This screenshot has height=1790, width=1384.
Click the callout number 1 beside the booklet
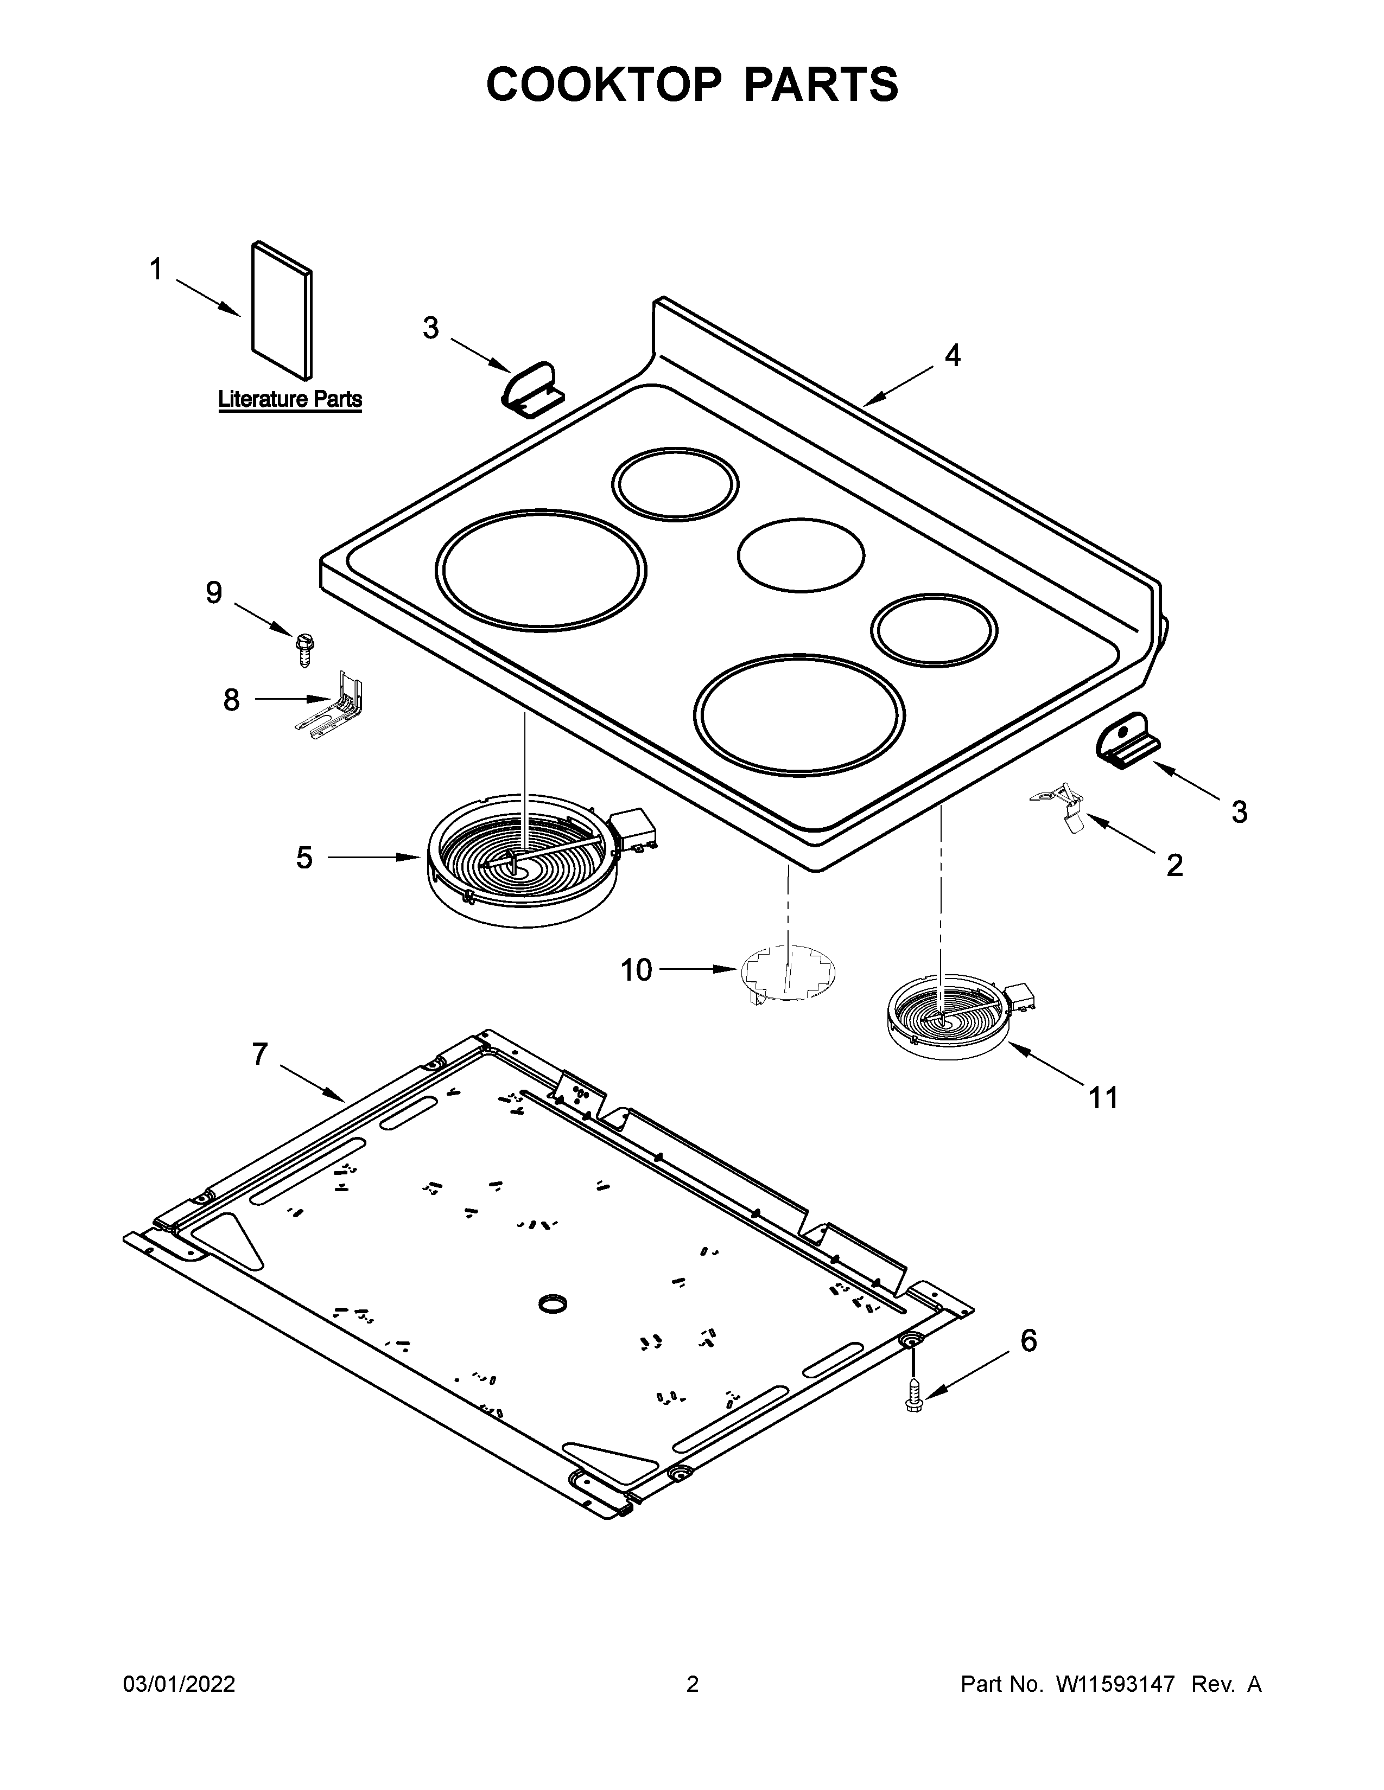coord(156,270)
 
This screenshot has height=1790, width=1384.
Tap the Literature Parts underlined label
coord(289,400)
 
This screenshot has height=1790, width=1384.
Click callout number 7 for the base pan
coord(260,1054)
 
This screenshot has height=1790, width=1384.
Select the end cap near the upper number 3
coord(531,388)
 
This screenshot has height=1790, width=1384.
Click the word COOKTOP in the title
coord(604,85)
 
